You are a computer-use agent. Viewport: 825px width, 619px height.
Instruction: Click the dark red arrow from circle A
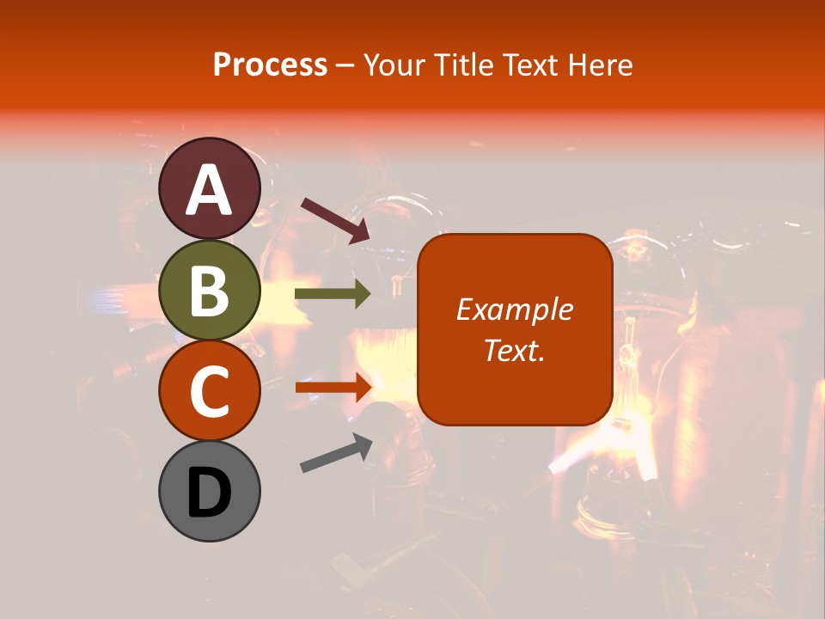pyautogui.click(x=335, y=219)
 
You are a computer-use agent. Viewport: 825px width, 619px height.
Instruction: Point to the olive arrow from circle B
pyautogui.click(x=333, y=295)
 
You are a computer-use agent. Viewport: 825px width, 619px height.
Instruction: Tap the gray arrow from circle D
pyautogui.click(x=336, y=453)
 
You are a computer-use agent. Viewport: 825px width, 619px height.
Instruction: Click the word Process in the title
pyautogui.click(x=270, y=64)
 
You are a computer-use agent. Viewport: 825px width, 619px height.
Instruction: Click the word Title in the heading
pyautogui.click(x=465, y=64)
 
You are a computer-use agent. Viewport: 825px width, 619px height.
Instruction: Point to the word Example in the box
pyautogui.click(x=515, y=309)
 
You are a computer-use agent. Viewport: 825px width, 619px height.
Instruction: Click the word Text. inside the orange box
pyautogui.click(x=515, y=351)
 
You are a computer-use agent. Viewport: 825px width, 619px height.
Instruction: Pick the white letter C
pyautogui.click(x=209, y=391)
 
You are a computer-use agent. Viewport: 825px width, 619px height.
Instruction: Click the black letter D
pyautogui.click(x=209, y=493)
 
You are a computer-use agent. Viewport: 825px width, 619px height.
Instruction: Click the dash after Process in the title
pyautogui.click(x=345, y=65)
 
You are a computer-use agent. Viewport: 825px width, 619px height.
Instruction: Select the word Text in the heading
pyautogui.click(x=533, y=64)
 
